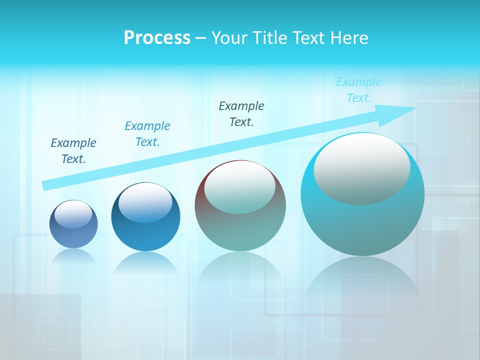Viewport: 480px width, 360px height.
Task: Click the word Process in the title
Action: [x=157, y=38]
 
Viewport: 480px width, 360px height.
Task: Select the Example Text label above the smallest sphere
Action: [x=73, y=151]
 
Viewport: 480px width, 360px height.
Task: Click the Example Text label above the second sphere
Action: [x=147, y=134]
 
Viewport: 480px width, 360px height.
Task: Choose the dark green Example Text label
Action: [x=241, y=114]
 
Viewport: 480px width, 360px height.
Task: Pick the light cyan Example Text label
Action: [x=359, y=90]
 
